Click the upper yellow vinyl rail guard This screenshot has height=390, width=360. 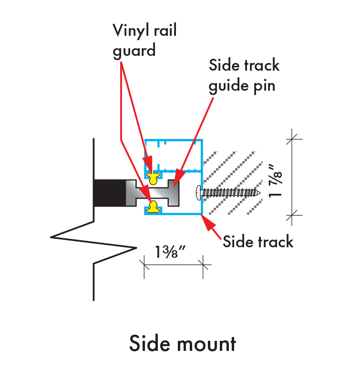(153, 178)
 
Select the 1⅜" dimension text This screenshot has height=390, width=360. (166, 252)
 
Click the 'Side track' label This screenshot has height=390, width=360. (258, 242)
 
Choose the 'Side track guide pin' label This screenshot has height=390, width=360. (244, 76)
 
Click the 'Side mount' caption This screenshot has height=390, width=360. (183, 344)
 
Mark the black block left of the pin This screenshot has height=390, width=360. (109, 193)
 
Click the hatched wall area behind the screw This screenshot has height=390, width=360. (234, 172)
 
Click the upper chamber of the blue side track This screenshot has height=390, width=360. (174, 155)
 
